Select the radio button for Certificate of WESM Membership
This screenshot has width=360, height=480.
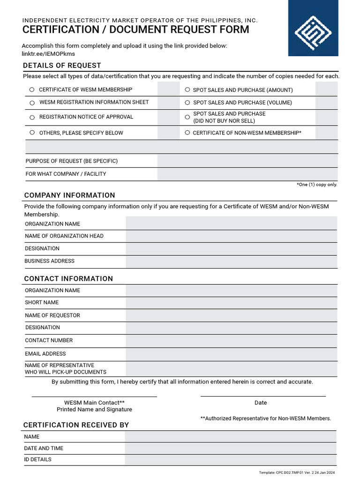tap(32, 90)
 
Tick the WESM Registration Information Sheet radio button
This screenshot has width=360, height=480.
tap(32, 103)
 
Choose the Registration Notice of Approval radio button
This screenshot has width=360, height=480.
tap(32, 117)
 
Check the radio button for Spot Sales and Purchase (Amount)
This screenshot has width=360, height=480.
tap(187, 90)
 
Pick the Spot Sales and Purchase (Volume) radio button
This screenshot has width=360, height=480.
tap(187, 102)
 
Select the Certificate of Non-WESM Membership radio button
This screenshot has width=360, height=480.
tap(187, 133)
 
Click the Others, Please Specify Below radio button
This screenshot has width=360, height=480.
tap(32, 133)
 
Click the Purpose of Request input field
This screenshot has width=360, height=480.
tap(247, 161)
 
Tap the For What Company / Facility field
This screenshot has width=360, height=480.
tap(247, 174)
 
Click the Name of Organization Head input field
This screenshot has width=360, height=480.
tap(231, 236)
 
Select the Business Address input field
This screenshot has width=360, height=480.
tap(231, 261)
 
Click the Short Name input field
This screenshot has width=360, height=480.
tap(231, 303)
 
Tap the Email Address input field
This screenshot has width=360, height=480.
tap(231, 354)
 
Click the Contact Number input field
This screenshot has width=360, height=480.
tap(231, 341)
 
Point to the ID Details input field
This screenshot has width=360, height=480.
tap(230, 460)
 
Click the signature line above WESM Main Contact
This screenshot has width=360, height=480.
tap(94, 396)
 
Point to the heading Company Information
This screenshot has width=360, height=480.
tap(69, 195)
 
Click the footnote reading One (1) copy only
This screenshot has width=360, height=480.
tap(317, 185)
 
